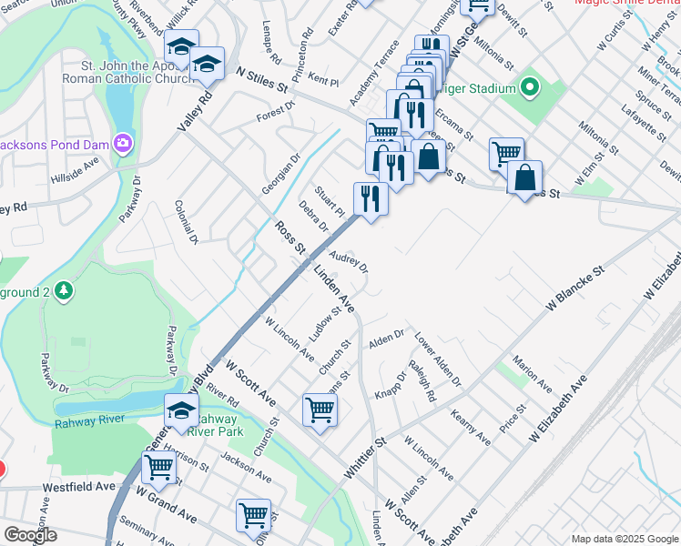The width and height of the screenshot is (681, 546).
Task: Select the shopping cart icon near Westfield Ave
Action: point(158,469)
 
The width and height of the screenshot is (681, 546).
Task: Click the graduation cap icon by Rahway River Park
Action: point(181,410)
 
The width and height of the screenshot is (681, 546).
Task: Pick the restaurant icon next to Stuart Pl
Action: point(370,197)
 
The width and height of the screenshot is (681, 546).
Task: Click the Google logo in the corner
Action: point(30,535)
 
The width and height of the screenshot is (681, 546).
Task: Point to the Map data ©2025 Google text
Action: point(624,539)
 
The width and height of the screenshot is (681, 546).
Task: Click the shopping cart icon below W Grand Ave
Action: point(253,515)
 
